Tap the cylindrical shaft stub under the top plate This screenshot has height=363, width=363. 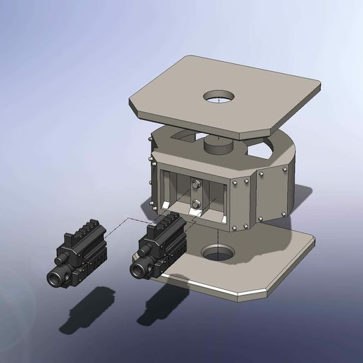[217, 146]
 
